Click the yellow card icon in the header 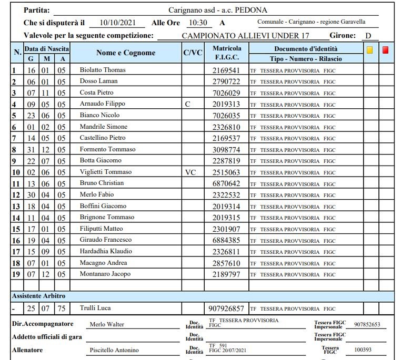click(370, 50)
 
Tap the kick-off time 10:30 click(197, 23)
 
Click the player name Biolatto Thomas click(103, 70)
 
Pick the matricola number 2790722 click(226, 81)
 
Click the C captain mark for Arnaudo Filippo click(188, 104)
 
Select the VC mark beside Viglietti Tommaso click(190, 172)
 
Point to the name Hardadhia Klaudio click(106, 251)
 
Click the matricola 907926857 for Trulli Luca click(226, 308)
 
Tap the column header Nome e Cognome click(126, 53)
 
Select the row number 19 click(16, 274)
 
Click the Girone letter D click(368, 36)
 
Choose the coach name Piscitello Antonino click(114, 351)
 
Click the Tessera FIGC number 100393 click(362, 349)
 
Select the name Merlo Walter click(107, 324)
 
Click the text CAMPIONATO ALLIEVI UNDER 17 click(245, 36)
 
